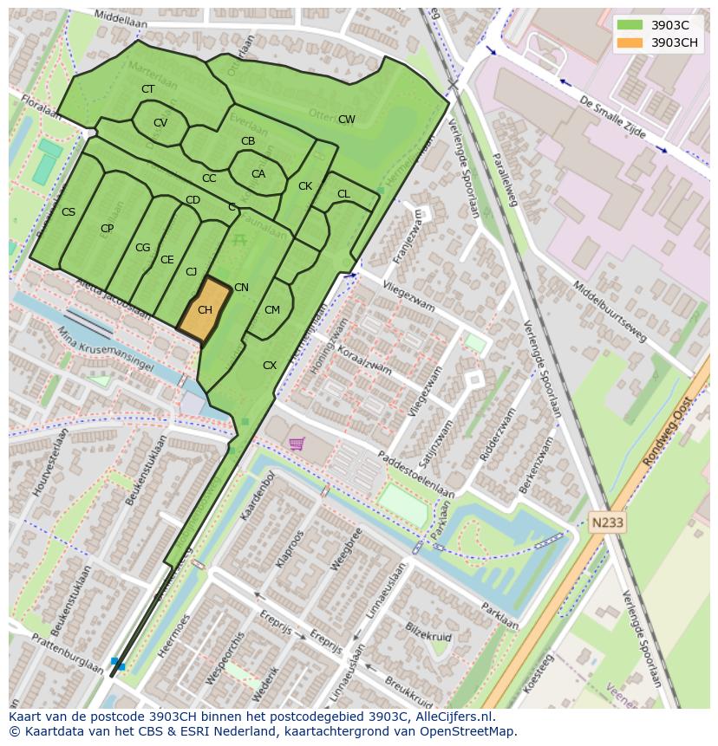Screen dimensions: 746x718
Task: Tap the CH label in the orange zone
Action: coord(205,309)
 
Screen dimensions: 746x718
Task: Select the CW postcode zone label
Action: coord(346,120)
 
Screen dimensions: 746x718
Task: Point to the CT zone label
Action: coord(147,89)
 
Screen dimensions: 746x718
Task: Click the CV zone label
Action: coord(160,123)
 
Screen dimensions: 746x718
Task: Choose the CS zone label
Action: coord(69,212)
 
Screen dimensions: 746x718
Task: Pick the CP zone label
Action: coord(107,229)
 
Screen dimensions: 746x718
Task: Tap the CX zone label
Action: coord(269,366)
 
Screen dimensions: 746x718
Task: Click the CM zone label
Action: coord(271,310)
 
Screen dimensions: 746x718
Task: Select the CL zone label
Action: coord(343,194)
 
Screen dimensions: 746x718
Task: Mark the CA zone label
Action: coord(258,174)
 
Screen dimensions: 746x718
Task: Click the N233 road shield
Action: coord(606,522)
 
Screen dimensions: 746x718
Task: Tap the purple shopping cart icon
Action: coord(297,444)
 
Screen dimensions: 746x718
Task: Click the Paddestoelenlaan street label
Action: coord(415,475)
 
